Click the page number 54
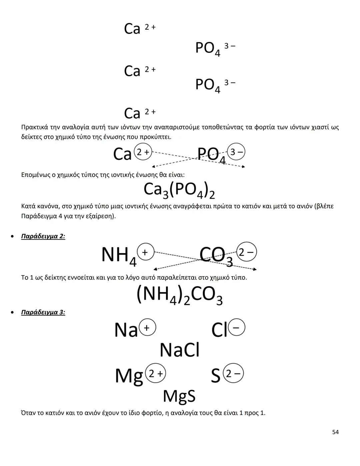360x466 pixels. click(335, 432)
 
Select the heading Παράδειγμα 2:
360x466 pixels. click(43, 237)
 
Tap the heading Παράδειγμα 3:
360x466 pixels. click(43, 313)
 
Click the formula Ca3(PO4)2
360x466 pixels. click(179, 190)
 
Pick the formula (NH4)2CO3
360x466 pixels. click(179, 295)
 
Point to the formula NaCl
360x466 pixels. click(179, 350)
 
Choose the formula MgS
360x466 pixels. click(179, 396)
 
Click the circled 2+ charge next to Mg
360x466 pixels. click(156, 373)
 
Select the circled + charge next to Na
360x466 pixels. click(147, 328)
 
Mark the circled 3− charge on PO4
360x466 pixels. click(236, 152)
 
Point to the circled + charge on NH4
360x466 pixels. click(145, 252)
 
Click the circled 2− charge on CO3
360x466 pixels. click(247, 252)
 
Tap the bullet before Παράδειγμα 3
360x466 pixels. click(12, 313)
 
